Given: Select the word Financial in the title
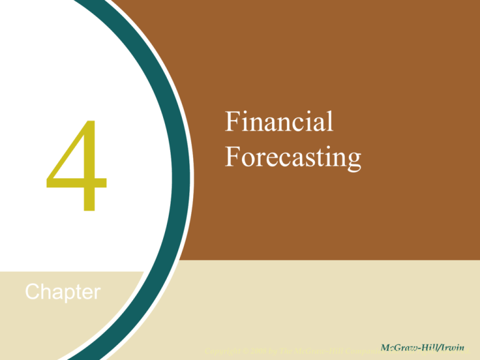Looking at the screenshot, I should (279, 122).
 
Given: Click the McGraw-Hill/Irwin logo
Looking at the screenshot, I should (424, 347).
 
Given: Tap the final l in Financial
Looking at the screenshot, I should (330, 122).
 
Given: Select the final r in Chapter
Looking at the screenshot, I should (97, 294).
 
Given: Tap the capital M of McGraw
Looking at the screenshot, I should (384, 347).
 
